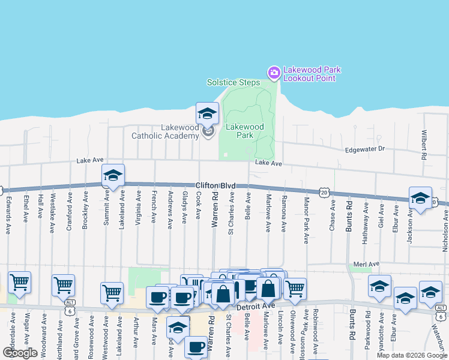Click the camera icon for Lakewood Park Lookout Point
274,73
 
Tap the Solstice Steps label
234,82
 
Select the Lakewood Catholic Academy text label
165,131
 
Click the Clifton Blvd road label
215,186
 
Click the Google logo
20,352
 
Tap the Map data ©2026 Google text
412,355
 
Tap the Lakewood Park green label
244,131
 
